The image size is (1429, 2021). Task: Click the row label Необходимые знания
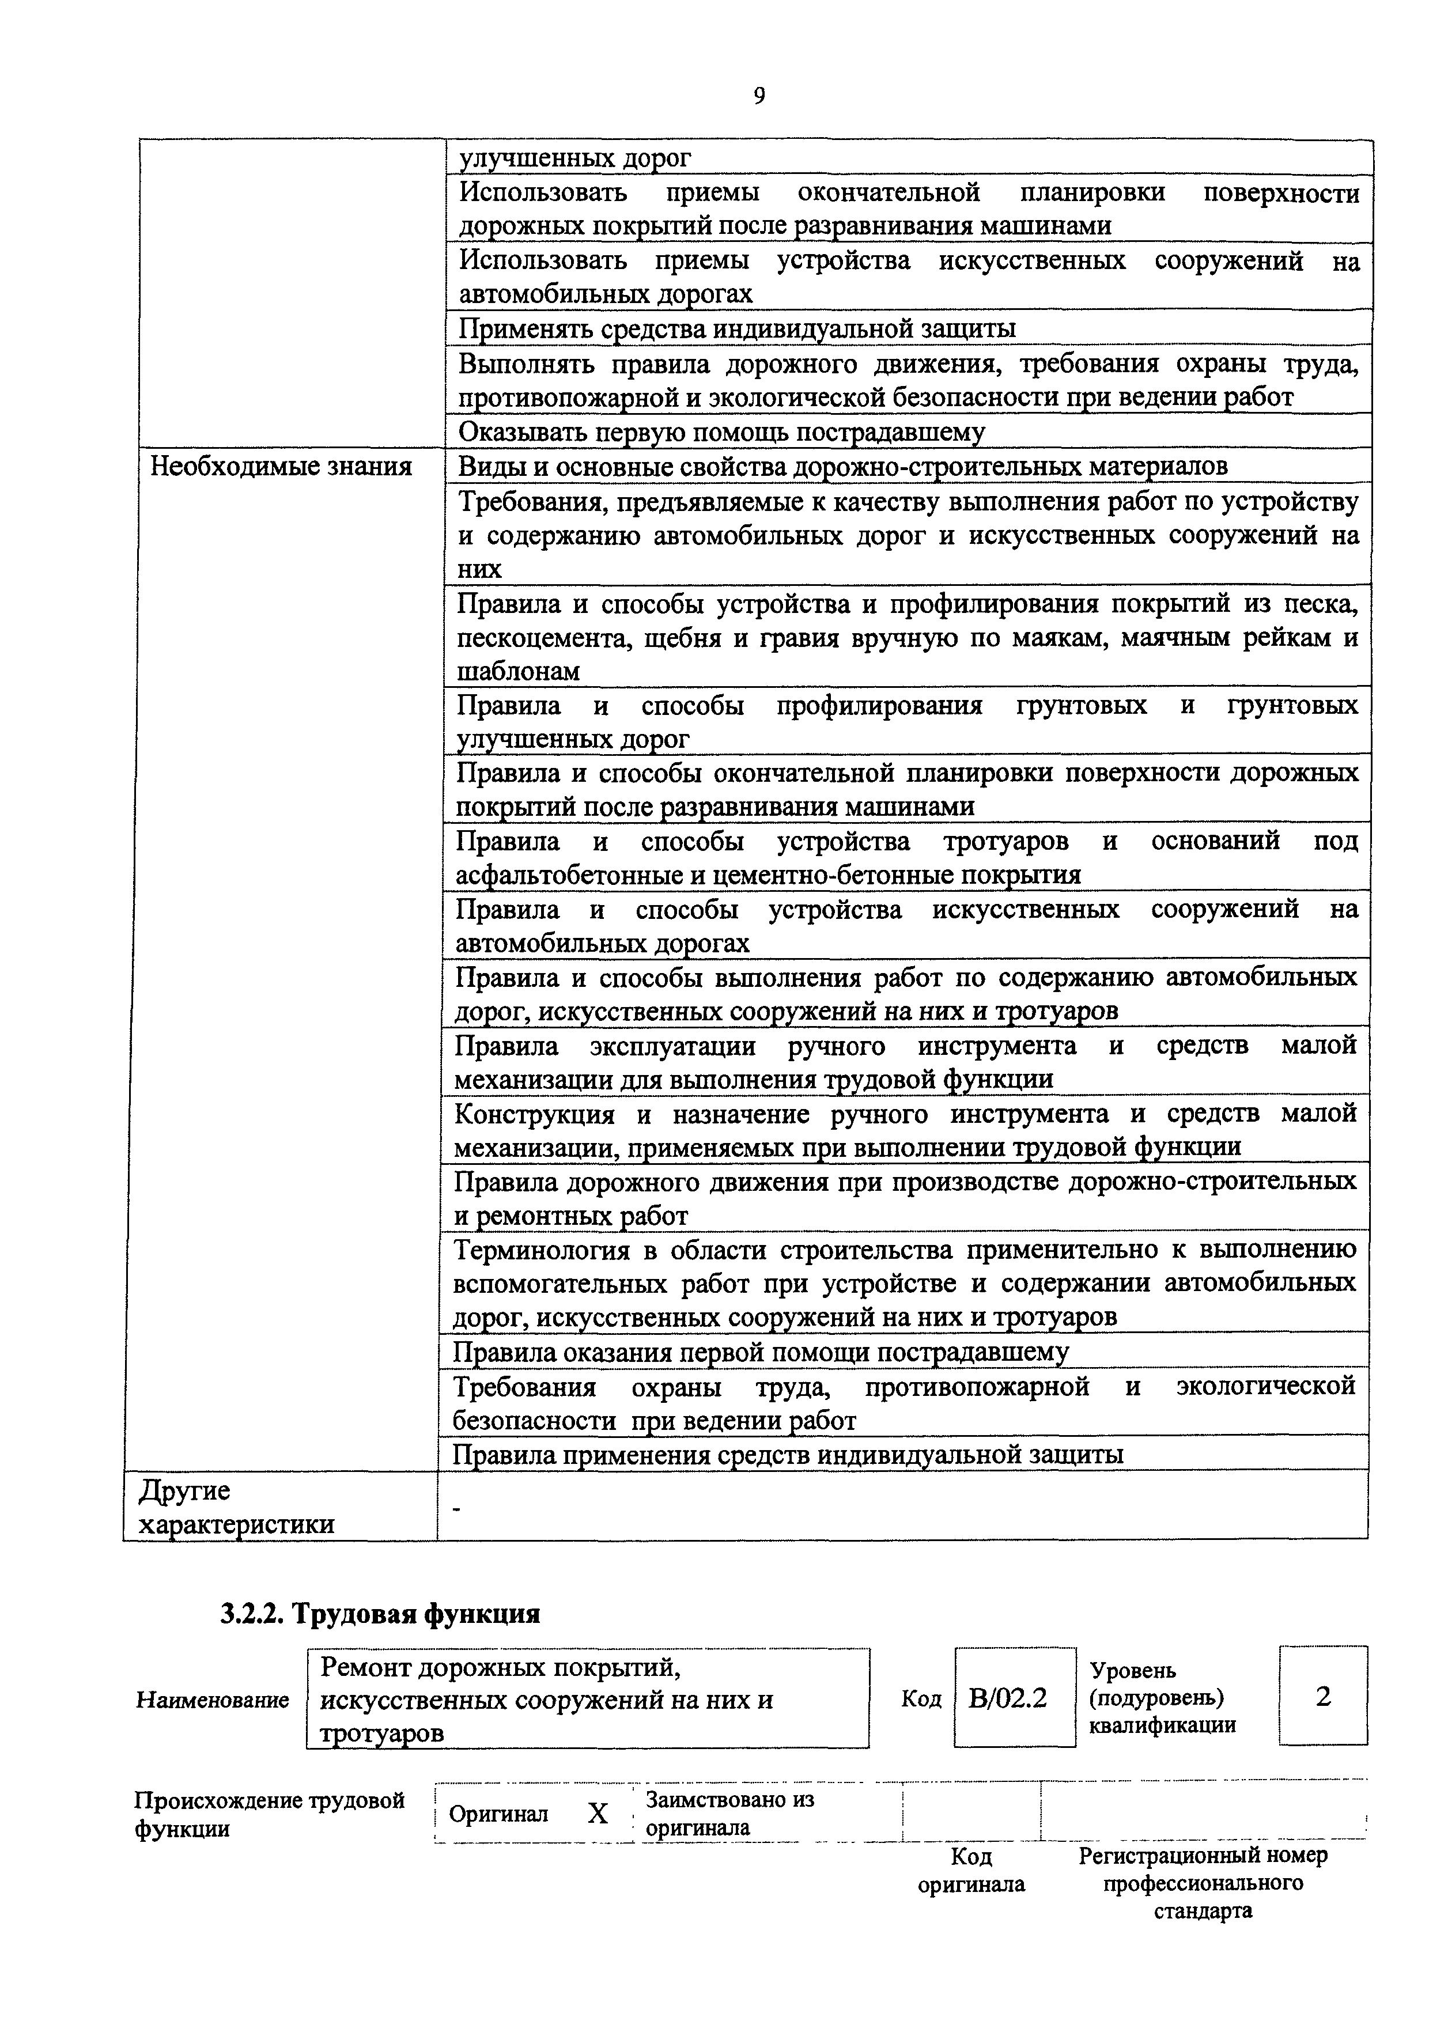click(x=281, y=465)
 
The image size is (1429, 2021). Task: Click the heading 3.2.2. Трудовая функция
click(x=380, y=1614)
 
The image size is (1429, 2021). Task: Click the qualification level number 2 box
click(x=1322, y=1696)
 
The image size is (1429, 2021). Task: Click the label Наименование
click(x=212, y=1700)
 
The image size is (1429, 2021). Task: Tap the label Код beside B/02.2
click(x=921, y=1699)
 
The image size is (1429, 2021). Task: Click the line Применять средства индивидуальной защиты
click(x=737, y=328)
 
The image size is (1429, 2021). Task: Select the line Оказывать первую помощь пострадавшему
click(x=721, y=432)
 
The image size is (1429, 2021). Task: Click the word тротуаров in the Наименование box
click(x=381, y=1733)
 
